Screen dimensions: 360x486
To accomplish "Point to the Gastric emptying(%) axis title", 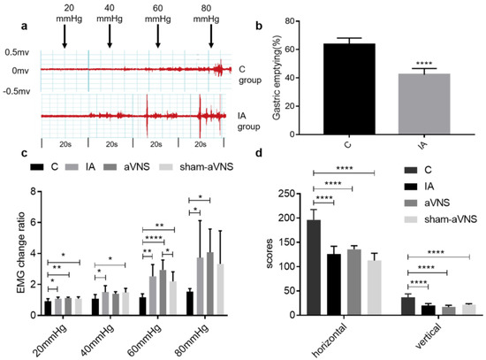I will [280, 77].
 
